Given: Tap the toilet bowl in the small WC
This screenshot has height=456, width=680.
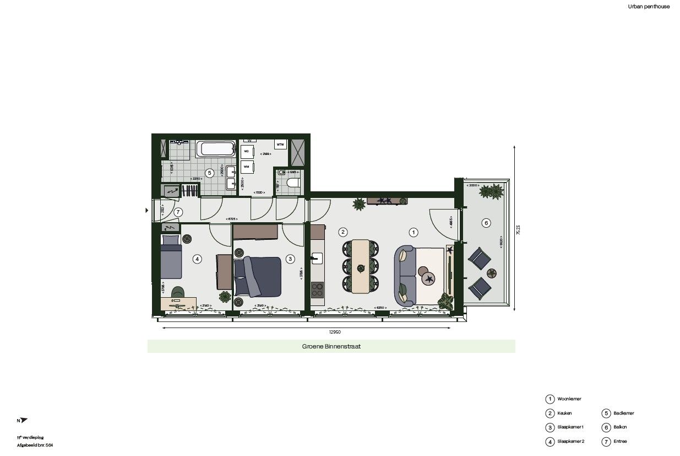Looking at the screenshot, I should pyautogui.click(x=292, y=183).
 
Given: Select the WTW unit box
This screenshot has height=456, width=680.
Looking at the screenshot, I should pyautogui.click(x=281, y=145).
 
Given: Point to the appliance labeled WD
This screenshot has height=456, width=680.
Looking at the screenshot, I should pyautogui.click(x=247, y=151).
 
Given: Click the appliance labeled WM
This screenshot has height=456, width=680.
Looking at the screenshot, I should pyautogui.click(x=247, y=166).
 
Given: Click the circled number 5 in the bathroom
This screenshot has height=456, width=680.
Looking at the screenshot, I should pyautogui.click(x=209, y=173).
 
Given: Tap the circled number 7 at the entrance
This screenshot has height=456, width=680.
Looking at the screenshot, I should pyautogui.click(x=178, y=212).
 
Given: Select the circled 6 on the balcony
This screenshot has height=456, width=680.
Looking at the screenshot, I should pyautogui.click(x=485, y=223).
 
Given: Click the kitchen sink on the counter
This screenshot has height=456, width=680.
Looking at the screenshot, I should pyautogui.click(x=317, y=257).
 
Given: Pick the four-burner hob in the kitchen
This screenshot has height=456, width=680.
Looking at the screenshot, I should pyautogui.click(x=317, y=289).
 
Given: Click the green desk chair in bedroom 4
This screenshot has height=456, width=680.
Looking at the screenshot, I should pyautogui.click(x=178, y=292).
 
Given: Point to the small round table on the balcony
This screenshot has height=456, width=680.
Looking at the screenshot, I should pyautogui.click(x=492, y=273).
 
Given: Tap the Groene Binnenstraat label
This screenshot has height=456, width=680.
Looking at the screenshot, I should pyautogui.click(x=331, y=347).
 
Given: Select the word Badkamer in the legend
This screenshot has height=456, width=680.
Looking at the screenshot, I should pyautogui.click(x=623, y=413).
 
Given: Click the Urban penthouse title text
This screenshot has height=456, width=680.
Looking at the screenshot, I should pyautogui.click(x=649, y=7).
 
